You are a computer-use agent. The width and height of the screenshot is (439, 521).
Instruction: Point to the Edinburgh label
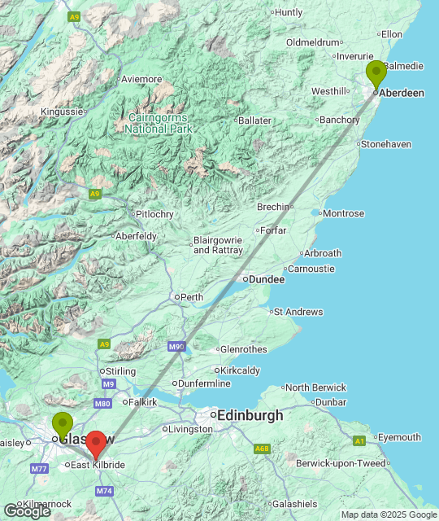pyautogui.click(x=250, y=415)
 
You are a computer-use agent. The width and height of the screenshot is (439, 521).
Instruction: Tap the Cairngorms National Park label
pyautogui.click(x=159, y=123)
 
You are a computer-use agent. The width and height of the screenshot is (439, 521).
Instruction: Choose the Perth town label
pyautogui.click(x=191, y=297)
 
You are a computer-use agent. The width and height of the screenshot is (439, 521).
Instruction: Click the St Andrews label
pyautogui.click(x=298, y=312)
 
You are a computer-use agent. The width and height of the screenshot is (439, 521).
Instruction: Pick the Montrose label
pyautogui.click(x=343, y=213)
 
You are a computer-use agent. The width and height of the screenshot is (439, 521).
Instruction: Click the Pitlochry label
pyautogui.click(x=154, y=214)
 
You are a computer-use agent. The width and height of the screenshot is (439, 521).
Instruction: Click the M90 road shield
pyautogui.click(x=177, y=347)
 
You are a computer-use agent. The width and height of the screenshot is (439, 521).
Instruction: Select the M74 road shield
pyautogui.click(x=104, y=491)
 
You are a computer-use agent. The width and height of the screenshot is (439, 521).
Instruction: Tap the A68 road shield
pyautogui.click(x=262, y=449)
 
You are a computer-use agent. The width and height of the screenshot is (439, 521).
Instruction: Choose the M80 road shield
pyautogui.click(x=102, y=403)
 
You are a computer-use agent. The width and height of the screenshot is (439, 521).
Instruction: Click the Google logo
pyautogui.click(x=28, y=511)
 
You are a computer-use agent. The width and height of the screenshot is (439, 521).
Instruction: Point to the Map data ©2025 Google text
pyautogui.click(x=389, y=514)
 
